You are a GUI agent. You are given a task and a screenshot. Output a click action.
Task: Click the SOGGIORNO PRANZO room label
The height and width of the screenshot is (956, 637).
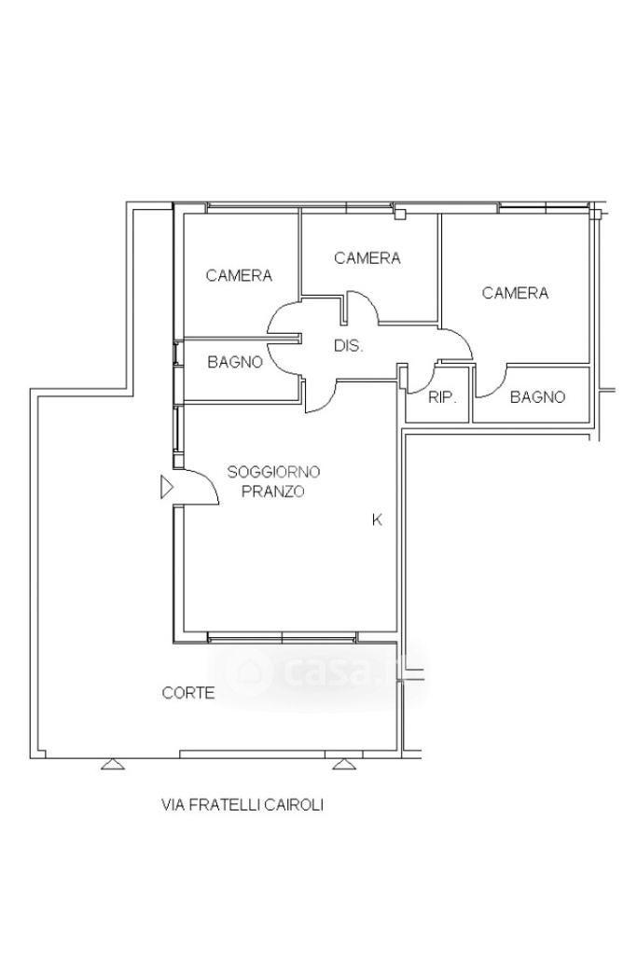[x=273, y=481]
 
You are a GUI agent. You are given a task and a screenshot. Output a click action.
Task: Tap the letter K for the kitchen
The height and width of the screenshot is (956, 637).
[x=378, y=520]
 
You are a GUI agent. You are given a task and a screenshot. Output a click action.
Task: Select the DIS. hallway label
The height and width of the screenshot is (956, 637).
[x=348, y=346]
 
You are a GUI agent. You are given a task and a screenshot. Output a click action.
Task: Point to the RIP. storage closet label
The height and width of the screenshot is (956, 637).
[x=443, y=397]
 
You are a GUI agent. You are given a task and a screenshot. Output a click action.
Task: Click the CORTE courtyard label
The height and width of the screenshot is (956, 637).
[x=188, y=693]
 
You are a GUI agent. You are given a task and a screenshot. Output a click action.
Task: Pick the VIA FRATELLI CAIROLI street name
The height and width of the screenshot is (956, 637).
[x=242, y=805]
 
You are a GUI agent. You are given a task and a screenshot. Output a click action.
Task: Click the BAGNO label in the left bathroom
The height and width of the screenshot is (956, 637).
[x=235, y=362]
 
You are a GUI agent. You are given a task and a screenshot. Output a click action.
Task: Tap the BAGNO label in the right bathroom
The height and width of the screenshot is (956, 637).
[x=537, y=397]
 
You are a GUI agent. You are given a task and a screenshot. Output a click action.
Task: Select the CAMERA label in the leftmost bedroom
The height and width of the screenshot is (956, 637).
[x=239, y=275]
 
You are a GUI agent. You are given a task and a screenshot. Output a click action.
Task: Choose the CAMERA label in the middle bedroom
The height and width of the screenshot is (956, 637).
[x=367, y=258]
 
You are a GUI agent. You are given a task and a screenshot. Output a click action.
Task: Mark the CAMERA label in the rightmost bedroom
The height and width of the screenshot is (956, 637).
[x=515, y=293]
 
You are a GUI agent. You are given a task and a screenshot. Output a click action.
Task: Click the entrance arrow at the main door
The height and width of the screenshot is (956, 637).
[x=167, y=487]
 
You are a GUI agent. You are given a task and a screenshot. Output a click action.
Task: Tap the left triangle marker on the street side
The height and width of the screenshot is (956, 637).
[x=113, y=763]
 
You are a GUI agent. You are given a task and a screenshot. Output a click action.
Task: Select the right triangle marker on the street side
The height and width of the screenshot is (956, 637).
[x=344, y=763]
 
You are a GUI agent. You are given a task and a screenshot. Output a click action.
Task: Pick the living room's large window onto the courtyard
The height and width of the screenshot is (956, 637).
[x=283, y=638]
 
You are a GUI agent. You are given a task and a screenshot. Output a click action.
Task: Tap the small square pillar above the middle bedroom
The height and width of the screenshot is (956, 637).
[x=400, y=214]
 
